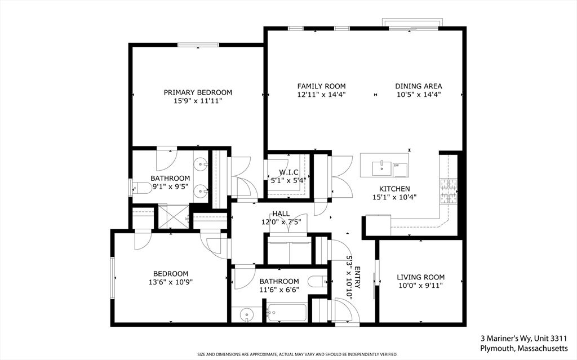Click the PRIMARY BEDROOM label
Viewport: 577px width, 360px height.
[x=198, y=92]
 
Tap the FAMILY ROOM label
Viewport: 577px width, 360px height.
[x=322, y=86]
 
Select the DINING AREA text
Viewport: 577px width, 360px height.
[x=419, y=86]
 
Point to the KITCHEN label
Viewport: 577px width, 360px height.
[x=394, y=189]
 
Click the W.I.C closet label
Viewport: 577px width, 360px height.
[x=288, y=172]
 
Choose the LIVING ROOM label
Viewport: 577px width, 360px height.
[x=420, y=277]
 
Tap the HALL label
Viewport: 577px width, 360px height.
[x=281, y=214]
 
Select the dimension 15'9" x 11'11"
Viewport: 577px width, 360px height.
[x=198, y=100]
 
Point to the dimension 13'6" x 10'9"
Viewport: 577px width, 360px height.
[x=171, y=282]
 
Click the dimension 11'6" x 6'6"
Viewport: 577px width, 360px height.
[x=279, y=290]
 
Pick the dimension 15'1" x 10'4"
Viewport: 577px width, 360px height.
[x=394, y=197]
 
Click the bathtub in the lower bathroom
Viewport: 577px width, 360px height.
[x=287, y=313]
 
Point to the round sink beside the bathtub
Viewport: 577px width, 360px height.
[x=247, y=315]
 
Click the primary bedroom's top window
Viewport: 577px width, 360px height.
[x=198, y=45]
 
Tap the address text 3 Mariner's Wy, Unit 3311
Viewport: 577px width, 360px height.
[x=523, y=338]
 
